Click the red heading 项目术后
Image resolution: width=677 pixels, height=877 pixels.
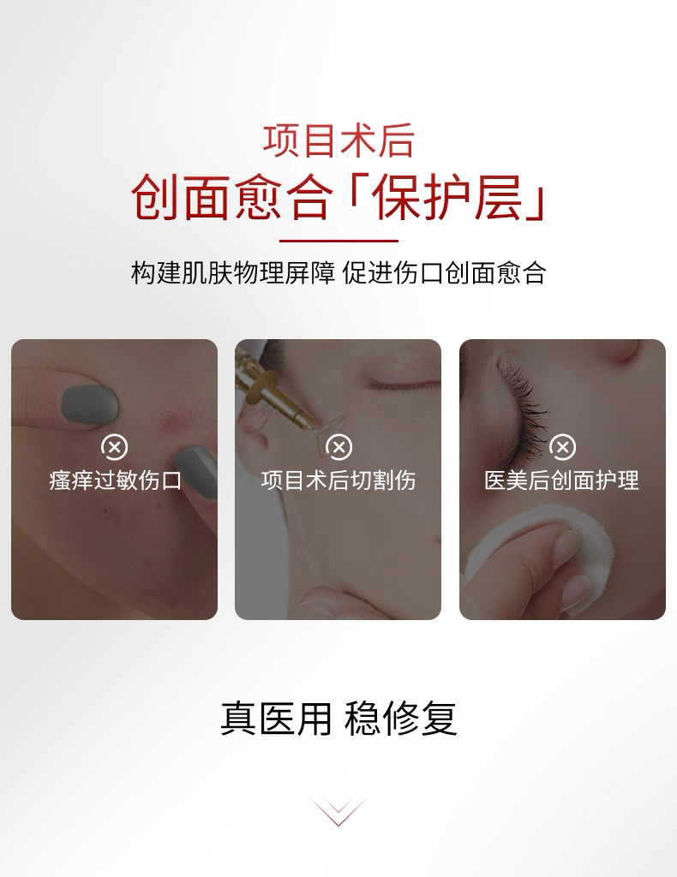pos(338,142)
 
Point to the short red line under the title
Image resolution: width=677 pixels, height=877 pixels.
pos(338,241)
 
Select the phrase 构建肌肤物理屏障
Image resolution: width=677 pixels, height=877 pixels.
pos(232,272)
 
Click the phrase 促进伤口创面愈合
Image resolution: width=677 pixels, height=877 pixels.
pos(444,272)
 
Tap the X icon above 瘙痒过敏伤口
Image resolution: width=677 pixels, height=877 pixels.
pos(114,447)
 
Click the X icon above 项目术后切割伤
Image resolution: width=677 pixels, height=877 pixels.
pos(338,447)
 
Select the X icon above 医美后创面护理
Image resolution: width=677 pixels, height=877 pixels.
pos(562,447)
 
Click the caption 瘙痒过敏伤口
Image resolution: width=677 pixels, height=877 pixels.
pos(114,480)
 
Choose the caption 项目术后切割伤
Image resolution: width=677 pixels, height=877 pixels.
pos(338,480)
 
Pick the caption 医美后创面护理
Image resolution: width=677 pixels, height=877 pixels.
pos(562,480)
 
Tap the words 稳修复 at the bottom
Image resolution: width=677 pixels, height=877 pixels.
pos(401,719)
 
